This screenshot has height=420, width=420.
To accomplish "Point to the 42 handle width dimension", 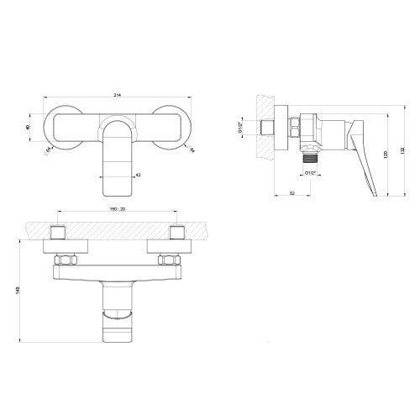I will (x=138, y=175).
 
